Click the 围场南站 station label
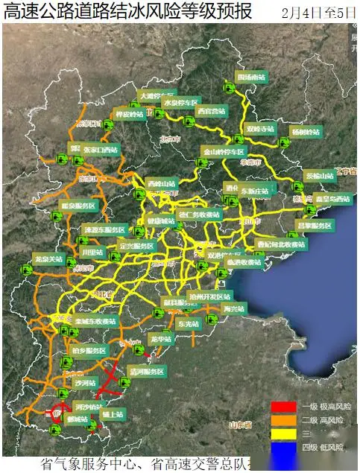(251, 77)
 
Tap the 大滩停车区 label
(155, 96)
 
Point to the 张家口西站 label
(101, 149)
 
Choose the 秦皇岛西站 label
(332, 200)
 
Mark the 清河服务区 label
(146, 370)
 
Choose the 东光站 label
(189, 325)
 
